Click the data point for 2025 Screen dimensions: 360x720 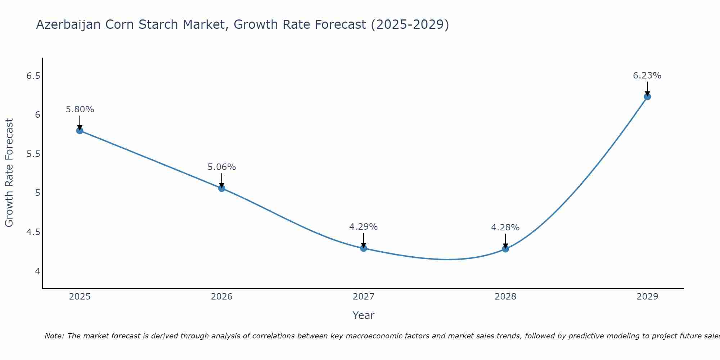[80, 130]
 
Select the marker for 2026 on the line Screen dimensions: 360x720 [222, 188]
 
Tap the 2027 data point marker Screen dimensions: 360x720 [364, 248]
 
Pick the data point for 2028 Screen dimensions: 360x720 [505, 249]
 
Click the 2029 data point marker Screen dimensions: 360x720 [647, 96]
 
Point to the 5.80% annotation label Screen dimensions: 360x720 [80, 109]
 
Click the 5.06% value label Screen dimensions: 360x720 [222, 167]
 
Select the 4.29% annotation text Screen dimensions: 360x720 [364, 227]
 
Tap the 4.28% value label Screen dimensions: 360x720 [505, 228]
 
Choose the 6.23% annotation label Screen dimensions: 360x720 [647, 76]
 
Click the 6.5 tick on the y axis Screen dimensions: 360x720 [33, 76]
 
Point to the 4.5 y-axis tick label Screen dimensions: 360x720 [33, 232]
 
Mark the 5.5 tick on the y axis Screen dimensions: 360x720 [33, 154]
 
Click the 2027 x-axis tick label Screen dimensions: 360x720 [364, 297]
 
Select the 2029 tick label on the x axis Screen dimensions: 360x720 [647, 297]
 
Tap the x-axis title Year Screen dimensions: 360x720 [364, 315]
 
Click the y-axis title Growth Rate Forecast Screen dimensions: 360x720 [9, 172]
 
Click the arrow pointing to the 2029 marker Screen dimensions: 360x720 [647, 88]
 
